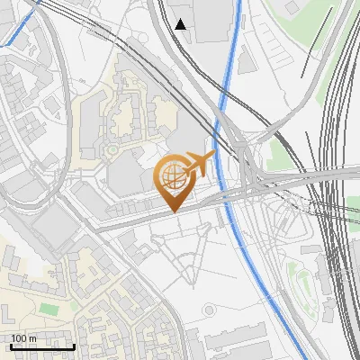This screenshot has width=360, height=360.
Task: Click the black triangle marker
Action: click(x=181, y=23)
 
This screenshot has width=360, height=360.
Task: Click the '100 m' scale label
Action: click(x=24, y=338)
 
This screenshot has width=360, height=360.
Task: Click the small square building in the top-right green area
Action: click(x=292, y=7)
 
